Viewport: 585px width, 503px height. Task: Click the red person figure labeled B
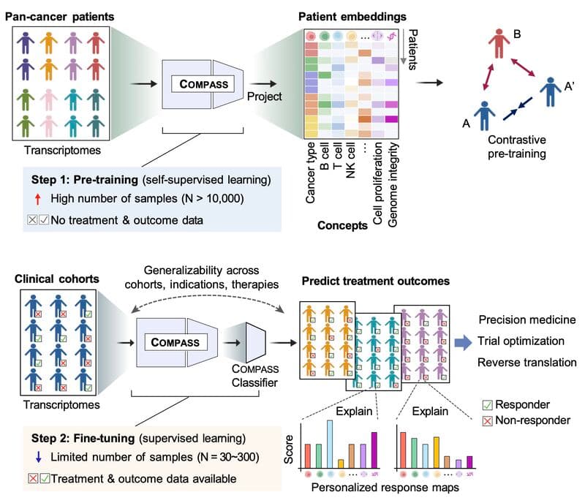click(x=499, y=44)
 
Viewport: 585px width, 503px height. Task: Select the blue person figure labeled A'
click(x=551, y=92)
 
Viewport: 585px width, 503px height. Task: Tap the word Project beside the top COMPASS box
click(x=264, y=97)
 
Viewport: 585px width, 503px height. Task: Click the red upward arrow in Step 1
click(x=37, y=199)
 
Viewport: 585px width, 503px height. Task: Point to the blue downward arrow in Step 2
click(x=38, y=457)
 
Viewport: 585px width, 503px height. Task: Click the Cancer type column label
click(x=310, y=173)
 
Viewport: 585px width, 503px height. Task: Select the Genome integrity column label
click(x=393, y=185)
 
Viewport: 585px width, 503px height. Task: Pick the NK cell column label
click(x=350, y=160)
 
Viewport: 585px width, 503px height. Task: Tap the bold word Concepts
click(x=342, y=225)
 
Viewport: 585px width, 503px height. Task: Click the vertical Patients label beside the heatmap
click(x=412, y=50)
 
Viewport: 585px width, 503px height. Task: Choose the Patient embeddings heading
click(x=352, y=17)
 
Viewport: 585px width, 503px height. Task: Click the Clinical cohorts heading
click(x=57, y=279)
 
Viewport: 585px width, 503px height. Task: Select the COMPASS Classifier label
click(x=254, y=376)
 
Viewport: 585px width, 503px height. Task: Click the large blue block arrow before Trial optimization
click(x=463, y=342)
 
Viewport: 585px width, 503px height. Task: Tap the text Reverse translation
click(x=526, y=363)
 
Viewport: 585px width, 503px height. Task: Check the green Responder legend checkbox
click(x=487, y=405)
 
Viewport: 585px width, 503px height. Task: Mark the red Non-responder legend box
click(x=487, y=421)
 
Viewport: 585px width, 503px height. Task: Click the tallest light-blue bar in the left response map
click(x=330, y=444)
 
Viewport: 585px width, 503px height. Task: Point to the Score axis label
click(x=288, y=450)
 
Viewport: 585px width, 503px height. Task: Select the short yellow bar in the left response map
click(x=341, y=464)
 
